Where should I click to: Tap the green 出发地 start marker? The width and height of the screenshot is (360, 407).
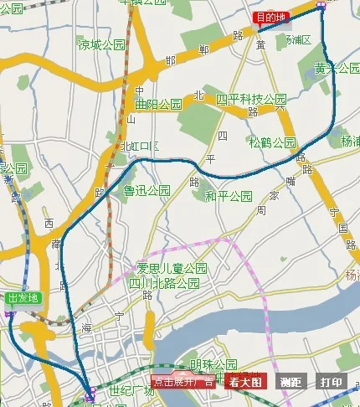22,298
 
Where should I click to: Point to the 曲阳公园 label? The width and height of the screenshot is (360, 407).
158,105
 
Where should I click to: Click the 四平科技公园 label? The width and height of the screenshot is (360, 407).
251,100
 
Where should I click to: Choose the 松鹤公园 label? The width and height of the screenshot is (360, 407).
272,142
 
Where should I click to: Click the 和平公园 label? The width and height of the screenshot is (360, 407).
229,196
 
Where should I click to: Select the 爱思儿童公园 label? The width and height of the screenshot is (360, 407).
172,269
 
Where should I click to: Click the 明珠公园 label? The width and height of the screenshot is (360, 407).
213,364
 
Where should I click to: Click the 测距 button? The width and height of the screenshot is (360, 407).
291,382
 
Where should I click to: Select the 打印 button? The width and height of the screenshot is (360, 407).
332,382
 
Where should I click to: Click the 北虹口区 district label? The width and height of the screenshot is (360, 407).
140,146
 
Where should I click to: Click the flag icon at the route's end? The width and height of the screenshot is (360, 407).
321,4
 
